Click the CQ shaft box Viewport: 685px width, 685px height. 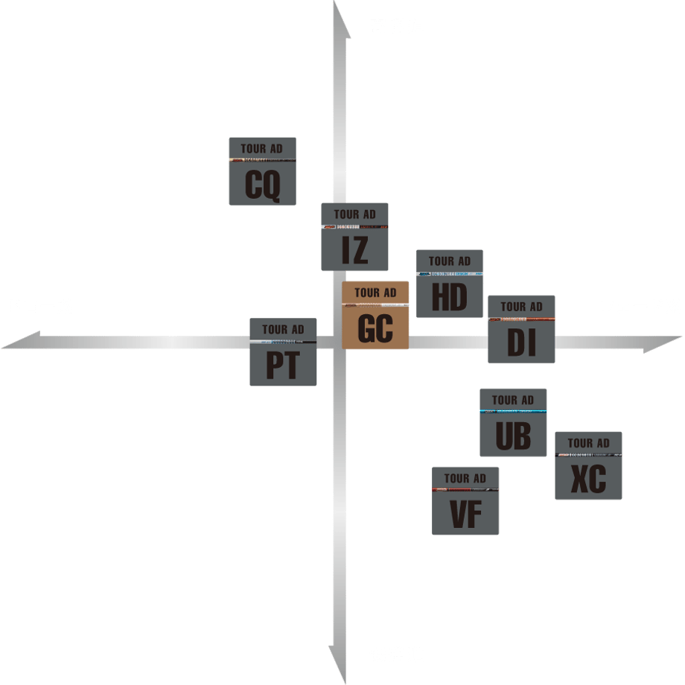[262, 171]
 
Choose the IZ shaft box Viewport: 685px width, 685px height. [354, 237]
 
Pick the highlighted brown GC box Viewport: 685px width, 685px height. [375, 315]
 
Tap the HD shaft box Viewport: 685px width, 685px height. [449, 284]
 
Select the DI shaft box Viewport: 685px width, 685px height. [521, 329]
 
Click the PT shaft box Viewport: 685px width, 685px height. [282, 352]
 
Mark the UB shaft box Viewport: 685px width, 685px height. [513, 422]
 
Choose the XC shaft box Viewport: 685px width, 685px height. [588, 466]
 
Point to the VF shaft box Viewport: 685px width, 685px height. [465, 501]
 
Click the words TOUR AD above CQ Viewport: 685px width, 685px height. [262, 149]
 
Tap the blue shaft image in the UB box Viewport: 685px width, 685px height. [513, 411]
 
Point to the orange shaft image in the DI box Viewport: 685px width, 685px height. [521, 319]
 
